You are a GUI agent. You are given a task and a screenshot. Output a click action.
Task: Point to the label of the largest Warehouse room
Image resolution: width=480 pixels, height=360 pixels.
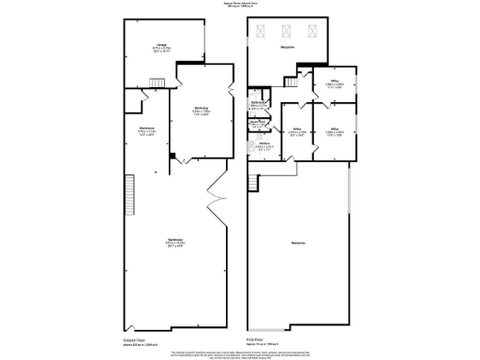pyautogui.click(x=173, y=241)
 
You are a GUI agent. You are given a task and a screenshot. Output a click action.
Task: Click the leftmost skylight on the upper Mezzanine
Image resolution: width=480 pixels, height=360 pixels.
pyautogui.click(x=260, y=31)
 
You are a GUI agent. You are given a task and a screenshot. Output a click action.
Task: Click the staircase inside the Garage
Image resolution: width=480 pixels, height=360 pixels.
pyautogui.click(x=158, y=84)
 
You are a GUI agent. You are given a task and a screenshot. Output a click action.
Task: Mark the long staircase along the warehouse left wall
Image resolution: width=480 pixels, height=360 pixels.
pyautogui.click(x=132, y=192)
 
